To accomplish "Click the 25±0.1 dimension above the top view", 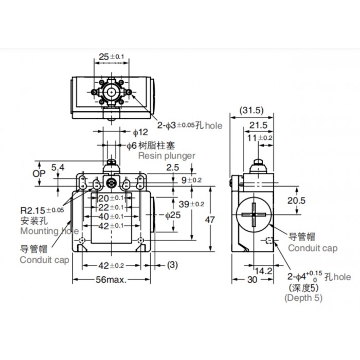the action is coord(112,57).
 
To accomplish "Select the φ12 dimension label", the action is coord(140,132).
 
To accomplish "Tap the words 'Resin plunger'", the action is coord(167,156).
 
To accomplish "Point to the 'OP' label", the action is coord(39,174).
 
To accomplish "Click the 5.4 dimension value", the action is coord(58,167).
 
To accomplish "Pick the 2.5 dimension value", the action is coord(172,167).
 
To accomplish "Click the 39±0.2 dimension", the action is coord(191,204).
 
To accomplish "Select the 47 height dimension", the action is coord(210,220).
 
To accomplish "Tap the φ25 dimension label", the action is coord(173,215).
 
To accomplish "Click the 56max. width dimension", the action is coord(111,279).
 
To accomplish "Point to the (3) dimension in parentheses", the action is coord(172,265).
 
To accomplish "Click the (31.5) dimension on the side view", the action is coord(251,111).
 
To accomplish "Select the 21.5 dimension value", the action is coord(258,125).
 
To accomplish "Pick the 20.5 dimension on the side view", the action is coord(296,201).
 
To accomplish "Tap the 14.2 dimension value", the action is coord(263,271).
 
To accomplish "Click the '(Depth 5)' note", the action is coord(303,298).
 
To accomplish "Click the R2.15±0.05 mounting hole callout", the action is coord(42,210).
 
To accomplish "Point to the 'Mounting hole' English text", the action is coord(49,231).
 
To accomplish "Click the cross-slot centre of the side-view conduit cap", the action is coord(254,214).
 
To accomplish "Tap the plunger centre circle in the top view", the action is coord(112,92).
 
